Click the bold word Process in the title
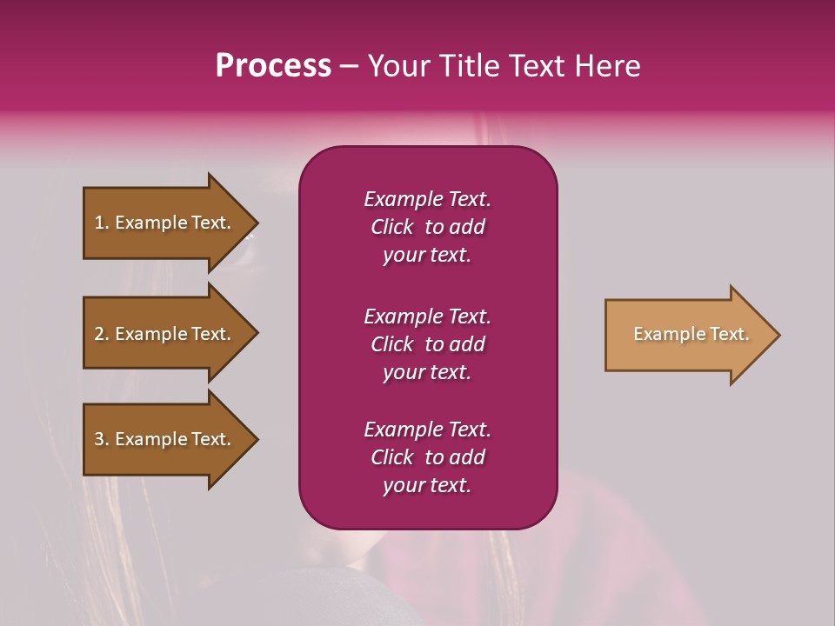273,66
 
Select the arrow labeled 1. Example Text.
165,223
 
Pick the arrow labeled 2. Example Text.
165,334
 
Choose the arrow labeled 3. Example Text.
165,439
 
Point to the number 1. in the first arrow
102,223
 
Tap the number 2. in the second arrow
102,334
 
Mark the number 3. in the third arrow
102,439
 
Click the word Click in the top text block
392,227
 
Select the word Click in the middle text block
392,344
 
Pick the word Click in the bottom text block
392,457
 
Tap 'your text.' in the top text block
427,255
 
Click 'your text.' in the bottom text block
427,485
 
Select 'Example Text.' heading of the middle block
427,316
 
